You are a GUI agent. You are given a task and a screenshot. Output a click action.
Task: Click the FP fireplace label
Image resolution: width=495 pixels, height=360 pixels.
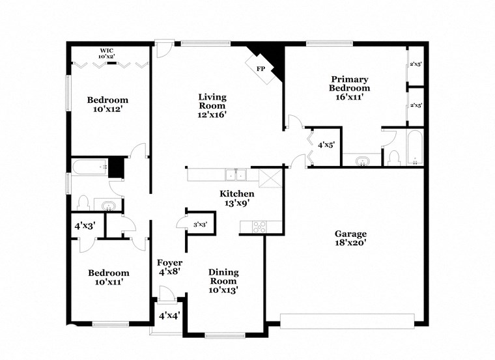260,68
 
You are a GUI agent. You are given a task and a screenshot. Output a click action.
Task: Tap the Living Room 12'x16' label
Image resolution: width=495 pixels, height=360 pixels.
212,105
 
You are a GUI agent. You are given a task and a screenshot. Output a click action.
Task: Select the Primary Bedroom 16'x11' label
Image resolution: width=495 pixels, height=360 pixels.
349,88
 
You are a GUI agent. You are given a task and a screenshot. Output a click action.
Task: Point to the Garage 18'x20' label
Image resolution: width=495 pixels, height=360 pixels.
351,239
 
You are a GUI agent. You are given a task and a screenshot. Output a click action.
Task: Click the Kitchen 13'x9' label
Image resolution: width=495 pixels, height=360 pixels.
236,199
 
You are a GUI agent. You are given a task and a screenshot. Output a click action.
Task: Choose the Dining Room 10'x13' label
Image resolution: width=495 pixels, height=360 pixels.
223,281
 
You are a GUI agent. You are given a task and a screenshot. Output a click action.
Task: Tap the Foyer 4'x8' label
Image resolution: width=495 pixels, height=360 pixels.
169,268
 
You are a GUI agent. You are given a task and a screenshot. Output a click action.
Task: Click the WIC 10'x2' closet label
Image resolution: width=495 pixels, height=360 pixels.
107,53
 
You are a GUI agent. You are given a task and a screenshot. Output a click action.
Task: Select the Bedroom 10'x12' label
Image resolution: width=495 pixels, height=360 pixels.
108,105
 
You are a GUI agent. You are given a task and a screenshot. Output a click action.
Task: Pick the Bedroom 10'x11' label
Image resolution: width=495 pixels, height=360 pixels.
109,277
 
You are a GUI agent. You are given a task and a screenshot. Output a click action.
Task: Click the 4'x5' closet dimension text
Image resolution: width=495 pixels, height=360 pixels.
325,145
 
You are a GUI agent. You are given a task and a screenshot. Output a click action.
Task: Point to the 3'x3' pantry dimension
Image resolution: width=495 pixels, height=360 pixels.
201,225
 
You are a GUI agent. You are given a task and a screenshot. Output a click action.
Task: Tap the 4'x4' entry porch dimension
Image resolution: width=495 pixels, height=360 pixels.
169,316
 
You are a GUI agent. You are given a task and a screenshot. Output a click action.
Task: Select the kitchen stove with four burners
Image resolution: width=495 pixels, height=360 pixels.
259,227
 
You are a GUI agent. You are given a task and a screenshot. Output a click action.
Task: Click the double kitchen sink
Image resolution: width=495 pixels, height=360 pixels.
236,174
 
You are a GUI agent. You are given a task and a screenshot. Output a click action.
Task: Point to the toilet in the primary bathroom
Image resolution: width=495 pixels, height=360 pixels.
393,158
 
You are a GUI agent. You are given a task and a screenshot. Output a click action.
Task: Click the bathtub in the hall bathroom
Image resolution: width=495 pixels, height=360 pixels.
90,167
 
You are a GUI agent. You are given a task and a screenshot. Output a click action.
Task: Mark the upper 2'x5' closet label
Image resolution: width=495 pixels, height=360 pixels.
416,64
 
